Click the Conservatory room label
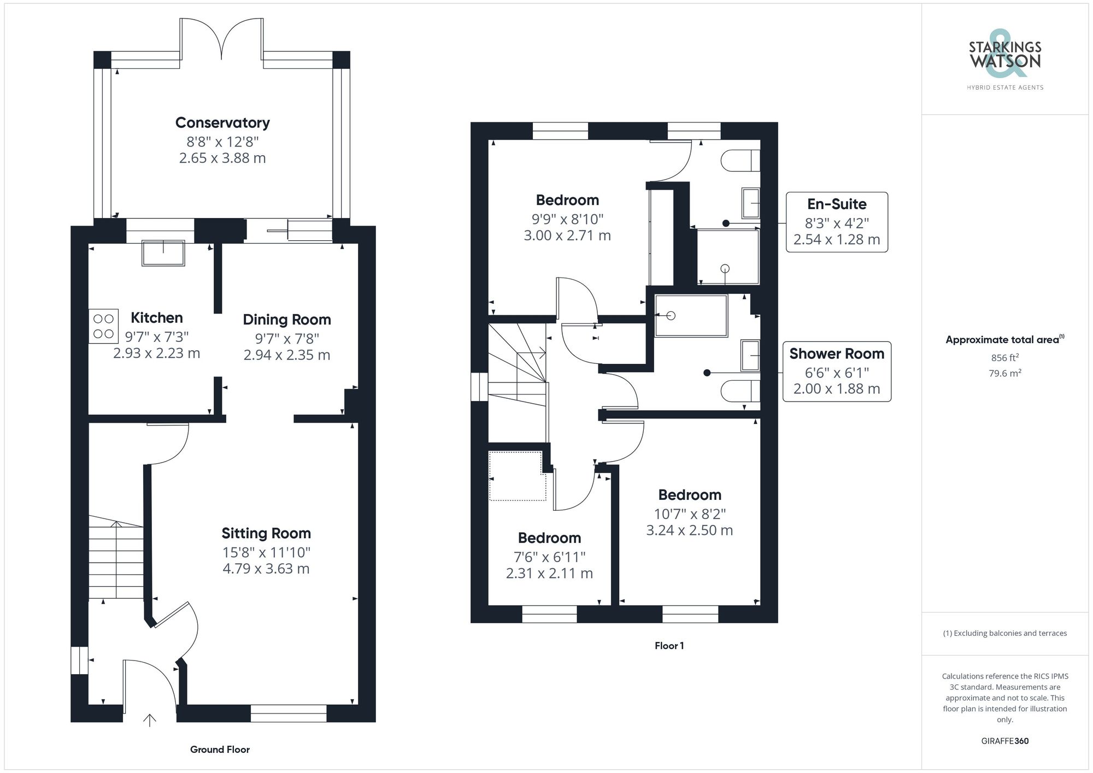tap(222, 123)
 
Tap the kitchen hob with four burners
tap(104, 326)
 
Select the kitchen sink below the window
tap(163, 253)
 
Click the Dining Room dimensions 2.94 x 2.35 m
tap(286, 355)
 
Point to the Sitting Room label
tap(266, 533)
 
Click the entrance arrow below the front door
tap(150, 720)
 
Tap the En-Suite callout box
tap(836, 222)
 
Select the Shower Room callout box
tap(836, 371)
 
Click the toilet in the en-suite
tap(740, 161)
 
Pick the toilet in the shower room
tap(740, 391)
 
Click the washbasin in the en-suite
tap(750, 203)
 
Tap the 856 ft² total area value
tap(1004, 358)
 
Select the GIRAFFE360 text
tap(1004, 741)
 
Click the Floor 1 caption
tap(669, 646)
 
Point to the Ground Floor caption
tap(220, 750)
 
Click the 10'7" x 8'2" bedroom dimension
tap(690, 514)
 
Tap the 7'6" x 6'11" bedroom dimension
tap(549, 557)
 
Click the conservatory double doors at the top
tap(221, 38)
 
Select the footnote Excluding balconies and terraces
tap(1004, 633)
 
